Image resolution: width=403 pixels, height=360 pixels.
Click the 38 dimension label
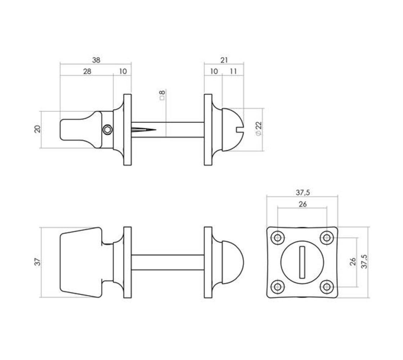click(x=96, y=60)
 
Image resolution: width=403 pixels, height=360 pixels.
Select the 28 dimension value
click(x=87, y=71)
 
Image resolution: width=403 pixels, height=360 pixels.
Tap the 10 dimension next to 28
click(x=123, y=71)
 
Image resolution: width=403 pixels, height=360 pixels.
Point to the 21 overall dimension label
click(x=224, y=60)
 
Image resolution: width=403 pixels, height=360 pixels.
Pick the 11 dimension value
click(x=233, y=71)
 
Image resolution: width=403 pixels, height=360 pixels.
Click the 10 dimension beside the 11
click(x=214, y=71)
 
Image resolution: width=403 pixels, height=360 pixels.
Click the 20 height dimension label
click(x=37, y=129)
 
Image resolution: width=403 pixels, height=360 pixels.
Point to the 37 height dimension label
click(x=37, y=262)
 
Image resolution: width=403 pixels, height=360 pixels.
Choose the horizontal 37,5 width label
click(x=303, y=193)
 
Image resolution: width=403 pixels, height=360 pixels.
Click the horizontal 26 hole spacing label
click(x=303, y=204)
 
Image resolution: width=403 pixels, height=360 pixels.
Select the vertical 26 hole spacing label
click(x=353, y=262)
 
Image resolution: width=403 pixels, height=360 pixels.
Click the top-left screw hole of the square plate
click(x=278, y=238)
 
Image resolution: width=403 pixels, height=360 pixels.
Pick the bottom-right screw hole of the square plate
click(x=327, y=287)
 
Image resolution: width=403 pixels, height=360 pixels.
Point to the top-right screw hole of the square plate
click(x=327, y=238)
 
